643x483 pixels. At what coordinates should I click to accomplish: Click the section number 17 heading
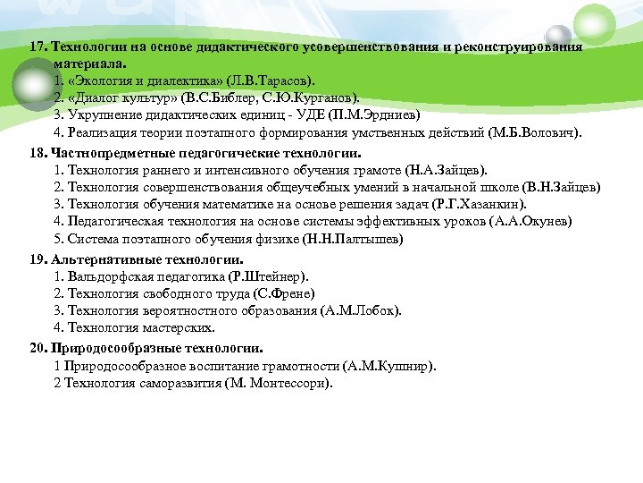(38, 47)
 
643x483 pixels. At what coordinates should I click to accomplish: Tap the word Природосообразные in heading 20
(107, 348)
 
